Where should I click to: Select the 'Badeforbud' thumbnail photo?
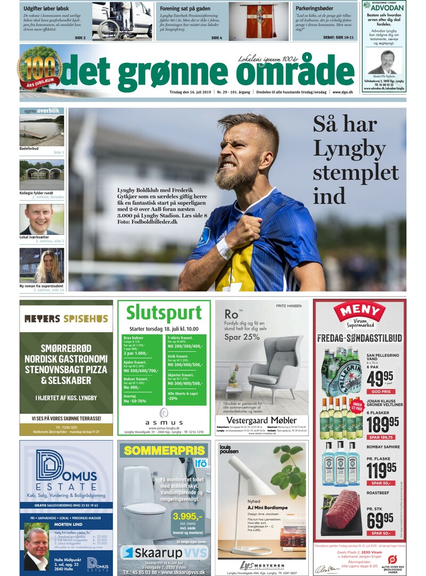pyautogui.click(x=42, y=130)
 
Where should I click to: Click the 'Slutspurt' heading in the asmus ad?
pyautogui.click(x=163, y=312)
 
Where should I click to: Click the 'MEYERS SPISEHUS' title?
pyautogui.click(x=66, y=319)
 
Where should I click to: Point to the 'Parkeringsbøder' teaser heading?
pyautogui.click(x=317, y=9)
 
